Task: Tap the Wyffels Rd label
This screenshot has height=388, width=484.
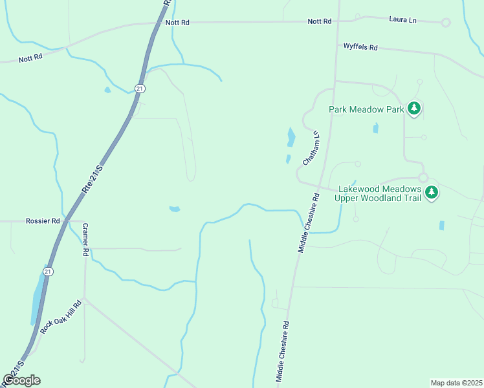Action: click(360, 47)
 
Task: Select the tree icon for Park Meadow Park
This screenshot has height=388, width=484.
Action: click(415, 109)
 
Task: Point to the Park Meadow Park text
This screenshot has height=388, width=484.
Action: click(366, 109)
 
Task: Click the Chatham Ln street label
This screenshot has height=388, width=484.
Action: click(311, 148)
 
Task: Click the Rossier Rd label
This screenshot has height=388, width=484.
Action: click(43, 221)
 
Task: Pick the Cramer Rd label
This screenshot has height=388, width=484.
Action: click(85, 240)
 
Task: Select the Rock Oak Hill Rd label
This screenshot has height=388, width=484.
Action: click(61, 317)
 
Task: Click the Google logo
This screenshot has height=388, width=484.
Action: click(21, 380)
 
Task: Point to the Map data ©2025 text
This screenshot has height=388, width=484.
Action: click(456, 383)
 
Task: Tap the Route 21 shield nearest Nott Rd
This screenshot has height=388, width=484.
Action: click(140, 88)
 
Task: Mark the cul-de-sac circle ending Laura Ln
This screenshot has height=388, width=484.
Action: click(445, 23)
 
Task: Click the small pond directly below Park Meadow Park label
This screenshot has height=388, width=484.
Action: click(375, 128)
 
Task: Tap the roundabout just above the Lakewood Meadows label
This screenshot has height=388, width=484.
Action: click(423, 177)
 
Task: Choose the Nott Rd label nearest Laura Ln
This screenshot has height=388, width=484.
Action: click(320, 21)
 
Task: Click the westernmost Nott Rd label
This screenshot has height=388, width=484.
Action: click(30, 58)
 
